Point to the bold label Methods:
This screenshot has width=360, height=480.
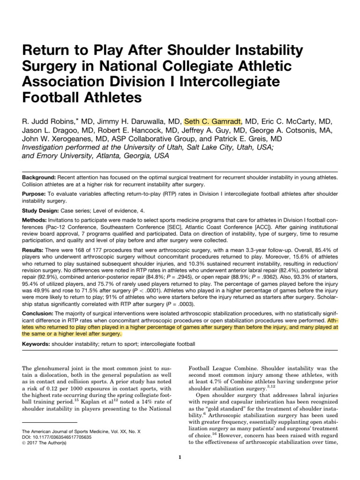tap(37, 220)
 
